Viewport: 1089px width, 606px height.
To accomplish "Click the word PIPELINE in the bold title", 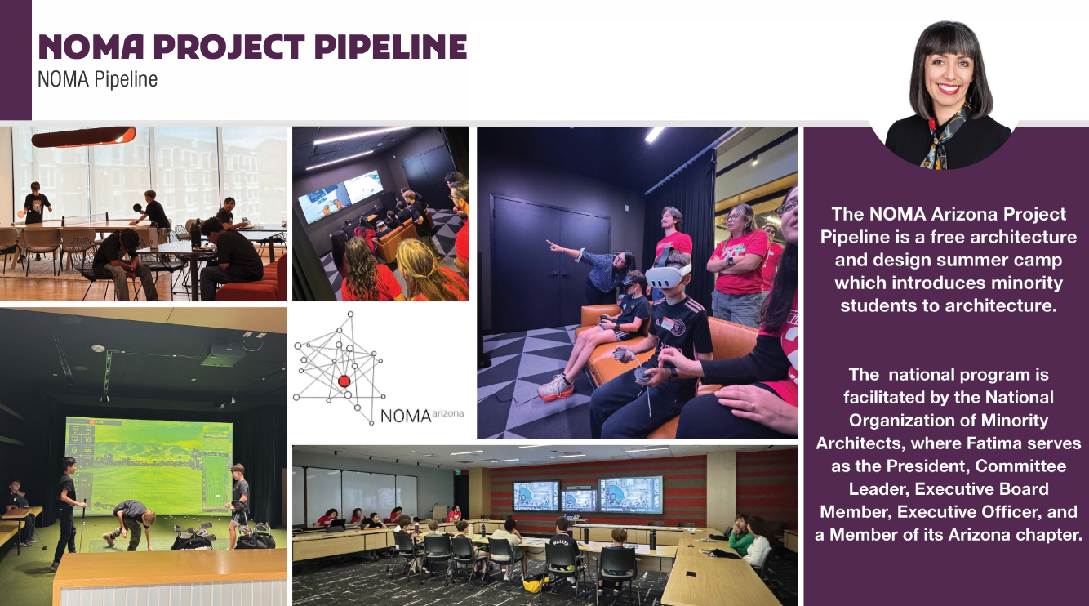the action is [390, 47].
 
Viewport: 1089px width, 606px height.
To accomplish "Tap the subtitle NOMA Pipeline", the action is [98, 80].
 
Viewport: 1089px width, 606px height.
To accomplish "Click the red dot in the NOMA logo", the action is [344, 381].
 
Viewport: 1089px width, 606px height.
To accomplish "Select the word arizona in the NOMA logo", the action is [447, 413].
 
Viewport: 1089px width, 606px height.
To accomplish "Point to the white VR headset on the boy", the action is [669, 274].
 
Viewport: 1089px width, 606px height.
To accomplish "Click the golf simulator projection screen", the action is [149, 466].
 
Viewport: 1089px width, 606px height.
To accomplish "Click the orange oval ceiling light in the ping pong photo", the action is [83, 136].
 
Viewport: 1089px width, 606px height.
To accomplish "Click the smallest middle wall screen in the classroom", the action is [579, 501].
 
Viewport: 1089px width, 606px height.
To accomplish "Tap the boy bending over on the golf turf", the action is [131, 523].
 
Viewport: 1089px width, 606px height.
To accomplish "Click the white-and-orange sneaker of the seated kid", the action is [555, 390].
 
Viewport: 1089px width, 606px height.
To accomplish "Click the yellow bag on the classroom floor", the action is [536, 584].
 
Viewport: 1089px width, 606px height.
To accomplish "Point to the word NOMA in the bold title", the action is [91, 47].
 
